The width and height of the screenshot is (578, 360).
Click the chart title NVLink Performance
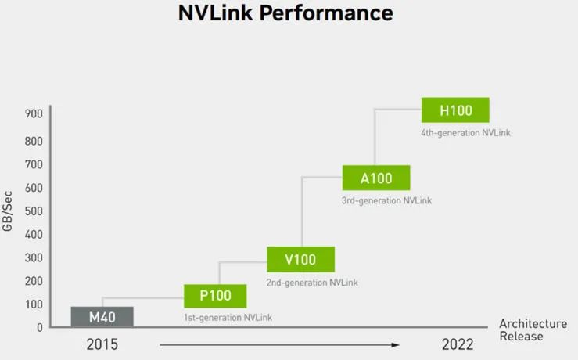(x=285, y=13)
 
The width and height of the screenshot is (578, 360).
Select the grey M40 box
(x=102, y=316)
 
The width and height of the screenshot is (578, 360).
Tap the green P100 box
(x=215, y=296)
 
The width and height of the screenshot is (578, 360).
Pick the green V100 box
(x=301, y=259)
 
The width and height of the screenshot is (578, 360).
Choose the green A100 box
(x=376, y=178)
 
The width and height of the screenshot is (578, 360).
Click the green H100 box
(x=456, y=110)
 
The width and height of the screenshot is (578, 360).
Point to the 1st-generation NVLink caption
(x=228, y=318)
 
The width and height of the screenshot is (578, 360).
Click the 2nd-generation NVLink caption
(x=312, y=283)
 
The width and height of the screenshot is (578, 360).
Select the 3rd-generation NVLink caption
(x=386, y=200)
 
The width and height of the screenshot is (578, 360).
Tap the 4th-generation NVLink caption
(x=466, y=133)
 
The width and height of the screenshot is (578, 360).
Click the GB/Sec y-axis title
(x=7, y=211)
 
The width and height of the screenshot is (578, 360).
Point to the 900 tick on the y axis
(x=34, y=113)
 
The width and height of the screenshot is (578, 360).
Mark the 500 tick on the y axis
(x=34, y=211)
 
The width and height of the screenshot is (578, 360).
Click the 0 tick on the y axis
(x=39, y=328)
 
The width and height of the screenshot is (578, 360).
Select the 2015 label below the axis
(x=102, y=344)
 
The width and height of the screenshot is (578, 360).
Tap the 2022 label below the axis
(x=458, y=344)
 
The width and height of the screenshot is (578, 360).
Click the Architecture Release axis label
(x=533, y=330)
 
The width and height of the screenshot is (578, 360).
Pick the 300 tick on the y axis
(x=34, y=257)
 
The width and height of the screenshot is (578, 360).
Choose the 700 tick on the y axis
(x=34, y=164)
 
